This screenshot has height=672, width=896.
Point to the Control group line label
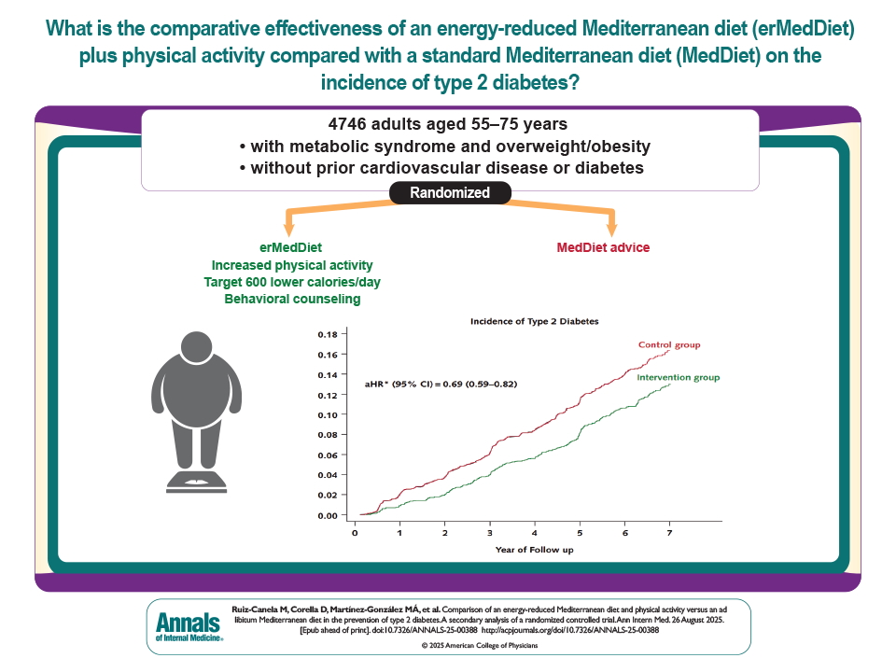pos(668,345)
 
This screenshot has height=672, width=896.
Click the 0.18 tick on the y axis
pos(326,334)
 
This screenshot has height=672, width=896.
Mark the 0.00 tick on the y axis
pos(326,515)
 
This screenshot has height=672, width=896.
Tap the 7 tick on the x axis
pos(668,532)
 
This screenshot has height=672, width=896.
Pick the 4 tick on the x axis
pos(534,532)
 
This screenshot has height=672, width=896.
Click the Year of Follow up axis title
pos(534,551)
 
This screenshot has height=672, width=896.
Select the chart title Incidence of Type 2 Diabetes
pos(533,321)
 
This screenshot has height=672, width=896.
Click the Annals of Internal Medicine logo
pos(187,625)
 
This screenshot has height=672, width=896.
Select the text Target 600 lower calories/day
pos(292,283)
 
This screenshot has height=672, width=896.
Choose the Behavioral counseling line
pos(292,300)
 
